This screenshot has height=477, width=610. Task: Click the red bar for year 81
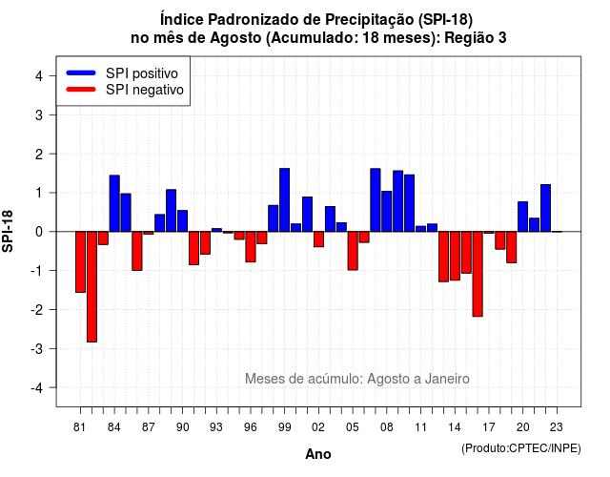80,262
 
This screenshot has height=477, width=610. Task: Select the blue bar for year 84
114,203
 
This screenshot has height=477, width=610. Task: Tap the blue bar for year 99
284,200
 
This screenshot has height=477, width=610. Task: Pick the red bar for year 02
318,239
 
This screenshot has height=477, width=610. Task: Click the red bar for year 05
353,251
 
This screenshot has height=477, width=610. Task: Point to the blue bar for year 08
387,212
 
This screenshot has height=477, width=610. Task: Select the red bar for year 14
455,256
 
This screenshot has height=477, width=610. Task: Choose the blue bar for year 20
523,217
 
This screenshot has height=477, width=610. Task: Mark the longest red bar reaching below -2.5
91,287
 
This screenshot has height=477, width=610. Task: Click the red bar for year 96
251,247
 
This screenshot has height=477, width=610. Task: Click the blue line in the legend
81,73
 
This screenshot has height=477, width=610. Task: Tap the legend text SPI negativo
145,90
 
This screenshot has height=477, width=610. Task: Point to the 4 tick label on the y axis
39,76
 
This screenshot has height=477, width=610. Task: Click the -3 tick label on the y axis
36,348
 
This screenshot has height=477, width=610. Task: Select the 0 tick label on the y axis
39,232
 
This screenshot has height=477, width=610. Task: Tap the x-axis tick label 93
216,427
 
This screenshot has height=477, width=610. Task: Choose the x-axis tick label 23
557,427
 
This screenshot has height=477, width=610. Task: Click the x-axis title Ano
318,454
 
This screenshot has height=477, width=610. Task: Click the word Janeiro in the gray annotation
447,379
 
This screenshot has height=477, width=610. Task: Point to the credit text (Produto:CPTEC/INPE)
521,448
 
